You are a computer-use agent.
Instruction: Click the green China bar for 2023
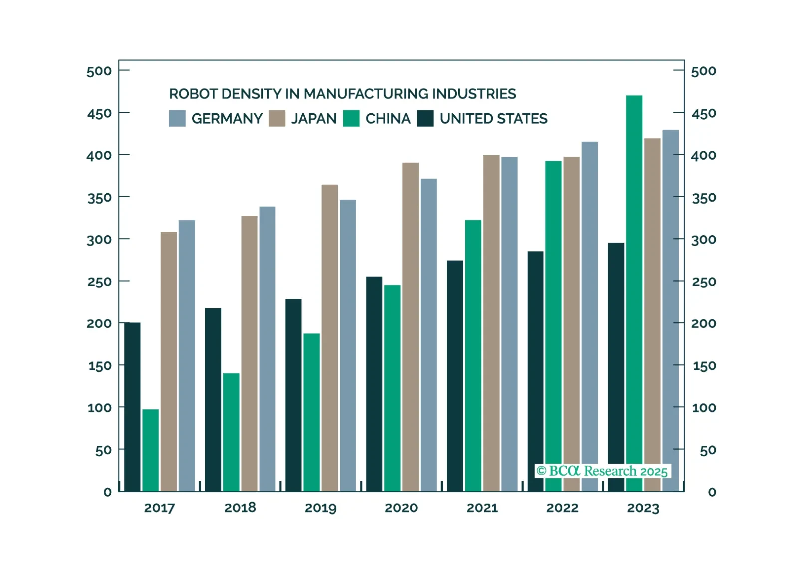634,280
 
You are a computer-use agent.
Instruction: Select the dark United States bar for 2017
132,407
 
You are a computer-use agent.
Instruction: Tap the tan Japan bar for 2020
410,327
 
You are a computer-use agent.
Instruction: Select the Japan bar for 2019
329,337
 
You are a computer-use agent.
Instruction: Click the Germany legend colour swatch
177,118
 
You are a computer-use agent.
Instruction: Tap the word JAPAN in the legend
314,119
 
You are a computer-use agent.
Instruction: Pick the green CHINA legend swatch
351,118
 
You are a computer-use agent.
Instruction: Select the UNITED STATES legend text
493,119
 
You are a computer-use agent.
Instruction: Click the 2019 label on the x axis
320,508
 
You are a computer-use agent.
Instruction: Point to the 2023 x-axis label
643,508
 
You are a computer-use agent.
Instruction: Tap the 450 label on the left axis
99,114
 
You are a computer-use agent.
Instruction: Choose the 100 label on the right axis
704,408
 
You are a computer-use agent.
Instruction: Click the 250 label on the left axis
99,282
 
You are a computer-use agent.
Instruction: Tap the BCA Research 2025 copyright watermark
602,471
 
